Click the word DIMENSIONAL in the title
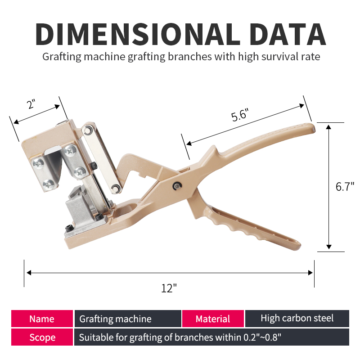click(x=138, y=34)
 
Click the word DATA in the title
click(x=288, y=34)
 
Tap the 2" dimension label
click(x=31, y=104)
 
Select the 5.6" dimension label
click(x=240, y=115)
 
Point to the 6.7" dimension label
click(x=345, y=186)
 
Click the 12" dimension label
click(x=169, y=288)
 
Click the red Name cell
click(x=42, y=319)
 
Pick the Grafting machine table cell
click(x=128, y=319)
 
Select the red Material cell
click(x=213, y=319)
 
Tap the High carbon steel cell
click(x=297, y=319)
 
